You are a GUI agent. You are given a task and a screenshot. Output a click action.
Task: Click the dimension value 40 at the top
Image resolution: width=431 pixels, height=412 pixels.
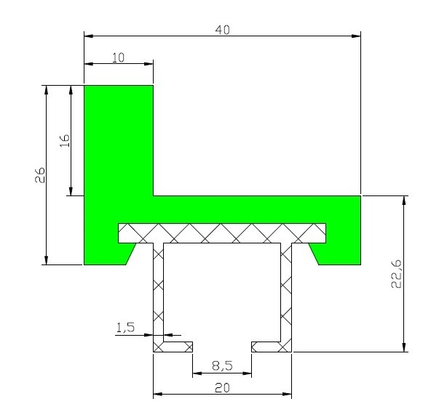pos(222,30)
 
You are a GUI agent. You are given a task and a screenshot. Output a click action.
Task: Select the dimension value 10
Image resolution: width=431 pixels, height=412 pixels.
pos(119,58)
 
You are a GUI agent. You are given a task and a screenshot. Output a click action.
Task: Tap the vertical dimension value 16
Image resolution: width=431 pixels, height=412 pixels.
pos(65,140)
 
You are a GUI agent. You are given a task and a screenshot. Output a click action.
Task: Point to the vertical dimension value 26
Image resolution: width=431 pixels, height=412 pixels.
pos(40,175)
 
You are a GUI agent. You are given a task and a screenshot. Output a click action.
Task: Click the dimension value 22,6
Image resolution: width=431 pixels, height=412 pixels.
pos(396,274)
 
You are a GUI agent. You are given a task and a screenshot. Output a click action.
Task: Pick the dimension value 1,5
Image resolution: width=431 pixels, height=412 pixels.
pos(125,328)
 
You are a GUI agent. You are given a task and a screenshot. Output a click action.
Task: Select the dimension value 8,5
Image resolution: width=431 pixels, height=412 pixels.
pos(222,365)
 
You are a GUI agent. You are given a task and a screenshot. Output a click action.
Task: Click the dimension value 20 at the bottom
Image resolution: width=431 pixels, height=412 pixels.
pos(222,388)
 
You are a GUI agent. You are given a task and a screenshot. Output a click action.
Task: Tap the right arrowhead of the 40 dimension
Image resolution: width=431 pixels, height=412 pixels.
pos(356,36)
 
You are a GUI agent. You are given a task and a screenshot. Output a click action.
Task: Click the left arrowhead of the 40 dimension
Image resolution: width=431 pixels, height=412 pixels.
pos(89,36)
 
